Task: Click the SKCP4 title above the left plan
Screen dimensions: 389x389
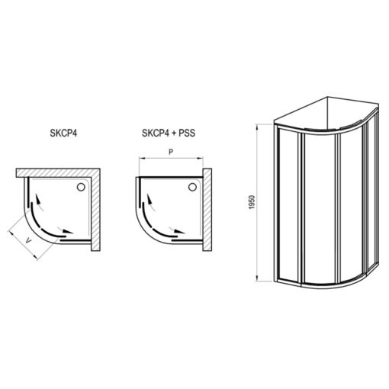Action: (x=63, y=133)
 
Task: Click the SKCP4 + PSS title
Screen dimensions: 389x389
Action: (x=169, y=133)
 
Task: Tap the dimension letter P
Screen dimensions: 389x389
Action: (x=171, y=152)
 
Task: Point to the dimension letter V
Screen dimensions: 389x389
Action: (x=29, y=240)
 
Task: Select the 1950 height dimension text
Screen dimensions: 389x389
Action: (x=252, y=202)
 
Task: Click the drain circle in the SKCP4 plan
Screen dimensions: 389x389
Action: (x=81, y=187)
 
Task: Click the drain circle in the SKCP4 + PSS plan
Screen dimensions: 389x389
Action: (x=192, y=187)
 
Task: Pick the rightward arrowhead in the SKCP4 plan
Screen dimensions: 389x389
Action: (x=68, y=231)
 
